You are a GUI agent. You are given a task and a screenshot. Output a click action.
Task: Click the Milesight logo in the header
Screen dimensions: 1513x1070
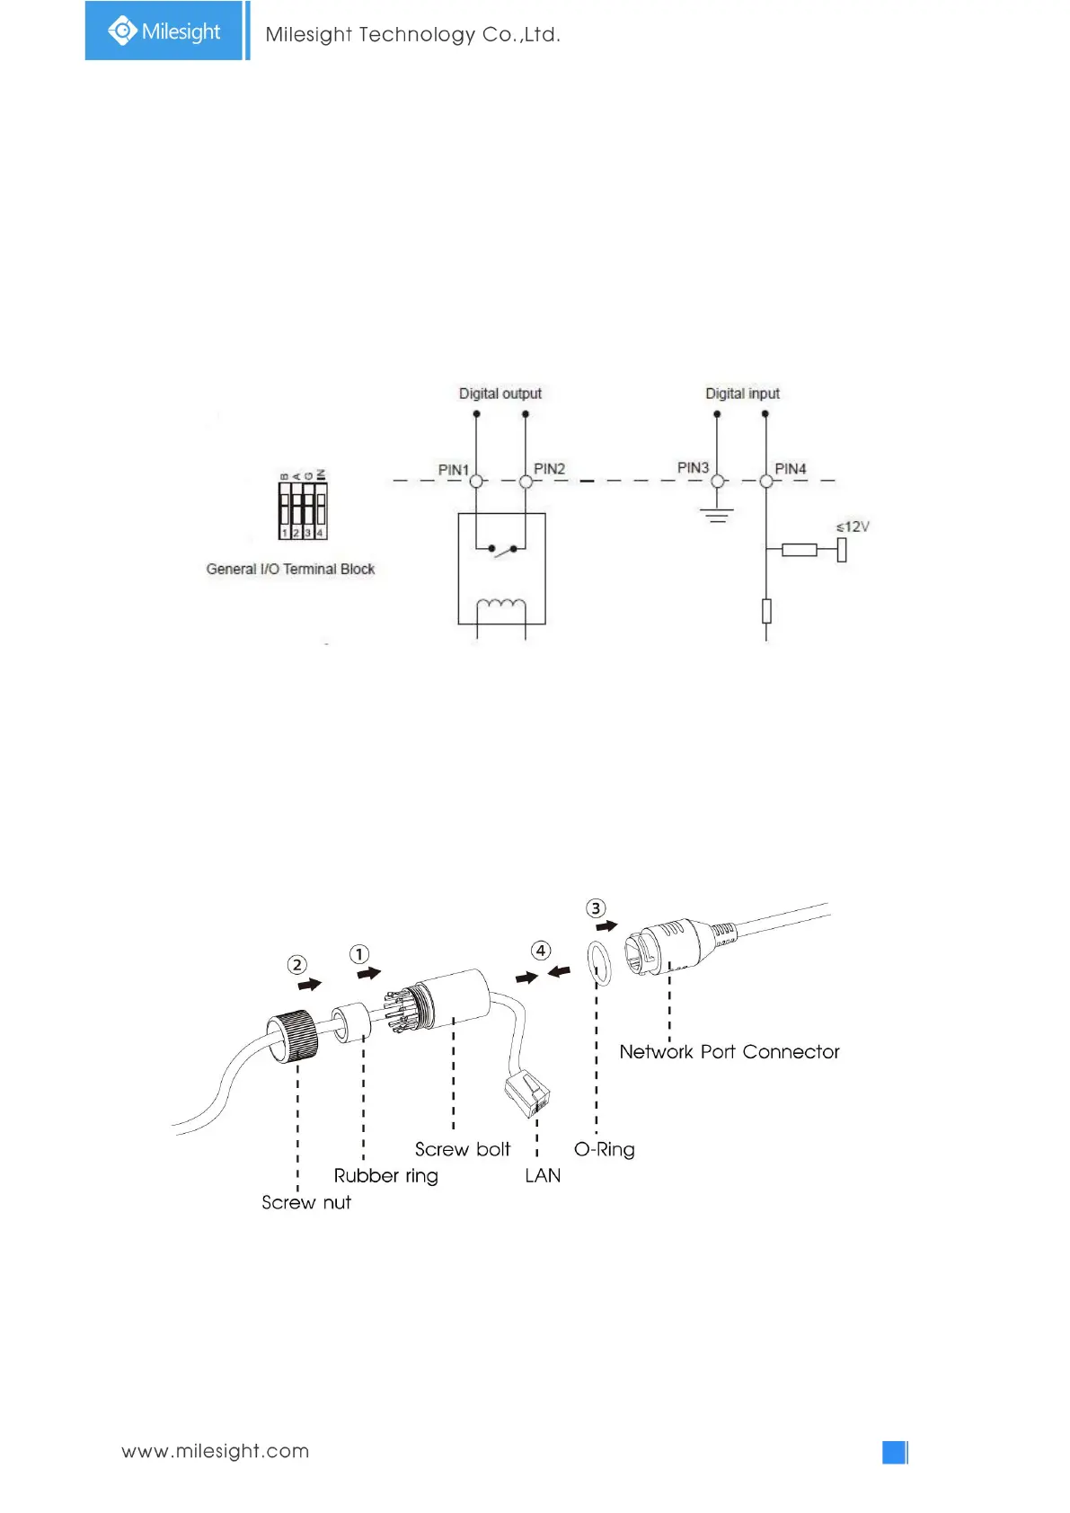(164, 31)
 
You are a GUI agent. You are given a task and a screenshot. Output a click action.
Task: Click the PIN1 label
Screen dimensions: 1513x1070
(453, 470)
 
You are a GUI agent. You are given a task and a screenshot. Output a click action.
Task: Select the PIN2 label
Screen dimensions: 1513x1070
(549, 469)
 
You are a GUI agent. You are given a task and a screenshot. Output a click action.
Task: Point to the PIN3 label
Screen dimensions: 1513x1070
(693, 468)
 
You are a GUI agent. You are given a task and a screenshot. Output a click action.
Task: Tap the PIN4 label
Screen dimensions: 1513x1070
(790, 469)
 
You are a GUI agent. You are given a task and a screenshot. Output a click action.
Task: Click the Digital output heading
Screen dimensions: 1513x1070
(500, 394)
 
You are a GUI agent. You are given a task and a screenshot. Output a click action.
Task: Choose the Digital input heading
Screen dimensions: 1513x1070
(742, 394)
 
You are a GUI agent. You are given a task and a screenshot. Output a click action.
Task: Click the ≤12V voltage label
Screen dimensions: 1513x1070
(853, 526)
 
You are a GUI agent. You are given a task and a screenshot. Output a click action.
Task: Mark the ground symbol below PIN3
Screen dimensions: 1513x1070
(717, 515)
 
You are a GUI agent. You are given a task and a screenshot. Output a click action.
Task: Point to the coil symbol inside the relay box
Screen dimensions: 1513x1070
(500, 606)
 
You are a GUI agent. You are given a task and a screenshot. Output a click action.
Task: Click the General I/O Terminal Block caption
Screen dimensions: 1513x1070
(290, 569)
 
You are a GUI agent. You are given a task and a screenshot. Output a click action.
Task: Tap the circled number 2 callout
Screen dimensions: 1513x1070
(297, 965)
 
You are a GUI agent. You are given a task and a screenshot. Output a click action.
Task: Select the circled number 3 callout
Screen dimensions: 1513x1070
(596, 908)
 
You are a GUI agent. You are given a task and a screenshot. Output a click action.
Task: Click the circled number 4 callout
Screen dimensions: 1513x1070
(541, 951)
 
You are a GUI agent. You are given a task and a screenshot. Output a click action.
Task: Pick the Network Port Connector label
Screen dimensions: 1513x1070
(729, 1052)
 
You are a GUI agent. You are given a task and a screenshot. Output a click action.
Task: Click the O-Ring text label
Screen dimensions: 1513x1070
(604, 1150)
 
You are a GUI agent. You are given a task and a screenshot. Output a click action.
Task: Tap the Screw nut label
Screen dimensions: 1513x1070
(306, 1203)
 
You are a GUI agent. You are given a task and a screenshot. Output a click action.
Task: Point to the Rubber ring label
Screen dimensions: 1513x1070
(385, 1176)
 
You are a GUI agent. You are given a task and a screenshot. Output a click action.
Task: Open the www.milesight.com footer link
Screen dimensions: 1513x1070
(215, 1451)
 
